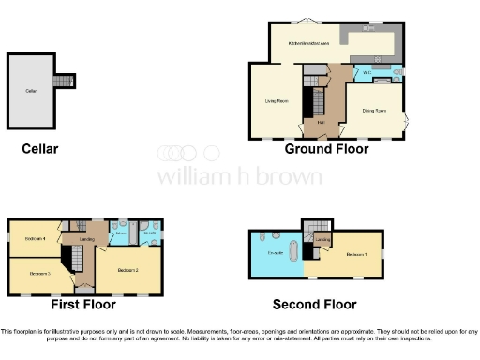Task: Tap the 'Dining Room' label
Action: (375, 109)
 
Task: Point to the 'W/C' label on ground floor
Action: (367, 72)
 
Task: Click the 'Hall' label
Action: (321, 122)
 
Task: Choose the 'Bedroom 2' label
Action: (128, 269)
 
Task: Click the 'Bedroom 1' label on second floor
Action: (357, 254)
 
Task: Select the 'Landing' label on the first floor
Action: (87, 238)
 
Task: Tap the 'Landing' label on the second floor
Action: (322, 241)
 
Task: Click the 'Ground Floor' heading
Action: (326, 149)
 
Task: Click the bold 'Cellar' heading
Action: (40, 149)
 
